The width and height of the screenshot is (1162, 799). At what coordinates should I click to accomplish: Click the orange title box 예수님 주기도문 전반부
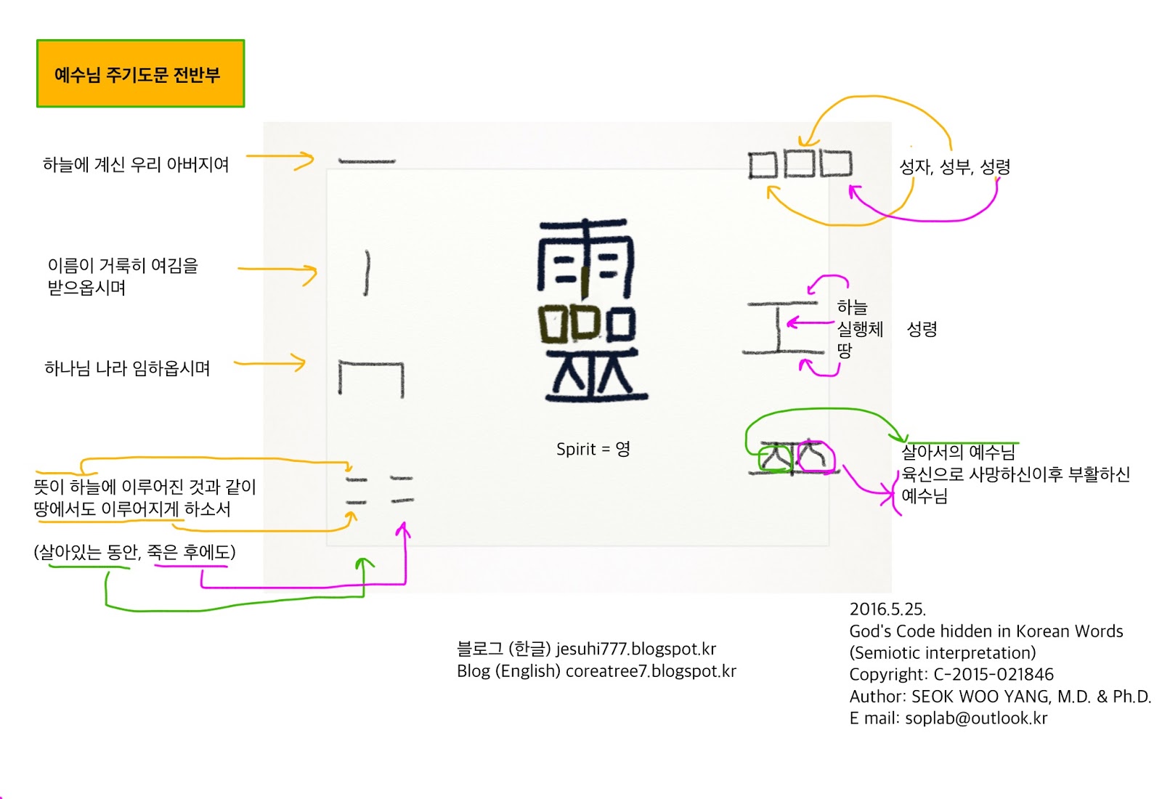pyautogui.click(x=140, y=74)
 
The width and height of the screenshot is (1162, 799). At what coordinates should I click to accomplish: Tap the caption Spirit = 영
pyautogui.click(x=593, y=449)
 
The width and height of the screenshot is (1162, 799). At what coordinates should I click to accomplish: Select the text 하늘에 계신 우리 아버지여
pyautogui.click(x=136, y=165)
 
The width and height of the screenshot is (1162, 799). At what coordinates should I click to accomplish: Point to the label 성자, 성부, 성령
pyautogui.click(x=954, y=167)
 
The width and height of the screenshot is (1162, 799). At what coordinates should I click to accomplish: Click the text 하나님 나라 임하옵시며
pyautogui.click(x=127, y=368)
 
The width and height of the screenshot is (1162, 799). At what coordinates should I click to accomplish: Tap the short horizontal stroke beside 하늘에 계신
pyautogui.click(x=367, y=161)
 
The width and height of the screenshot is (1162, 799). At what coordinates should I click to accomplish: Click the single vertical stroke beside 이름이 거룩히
pyautogui.click(x=367, y=273)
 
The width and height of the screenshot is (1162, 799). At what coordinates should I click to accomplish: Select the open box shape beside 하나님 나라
pyautogui.click(x=371, y=378)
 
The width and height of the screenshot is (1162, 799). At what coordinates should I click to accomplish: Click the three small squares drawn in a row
pyautogui.click(x=800, y=164)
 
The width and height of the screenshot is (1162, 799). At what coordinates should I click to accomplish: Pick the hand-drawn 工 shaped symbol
pyautogui.click(x=782, y=328)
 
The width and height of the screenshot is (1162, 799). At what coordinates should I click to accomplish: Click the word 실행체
pyautogui.click(x=860, y=329)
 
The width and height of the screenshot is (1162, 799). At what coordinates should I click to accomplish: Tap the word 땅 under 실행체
pyautogui.click(x=844, y=351)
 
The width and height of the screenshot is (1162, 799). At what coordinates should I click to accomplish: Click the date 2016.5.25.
pyautogui.click(x=887, y=609)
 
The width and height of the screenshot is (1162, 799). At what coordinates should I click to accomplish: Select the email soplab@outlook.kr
pyautogui.click(x=976, y=718)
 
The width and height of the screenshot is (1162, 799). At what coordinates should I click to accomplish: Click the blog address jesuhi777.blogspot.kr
pyautogui.click(x=635, y=649)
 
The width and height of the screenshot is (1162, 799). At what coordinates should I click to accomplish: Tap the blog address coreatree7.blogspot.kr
pyautogui.click(x=650, y=671)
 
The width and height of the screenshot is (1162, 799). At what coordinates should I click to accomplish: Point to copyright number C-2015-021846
pyautogui.click(x=993, y=675)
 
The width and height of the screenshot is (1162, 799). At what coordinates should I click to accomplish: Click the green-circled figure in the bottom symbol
pyautogui.click(x=776, y=458)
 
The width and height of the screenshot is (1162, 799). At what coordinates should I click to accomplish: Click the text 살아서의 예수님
pyautogui.click(x=958, y=453)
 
